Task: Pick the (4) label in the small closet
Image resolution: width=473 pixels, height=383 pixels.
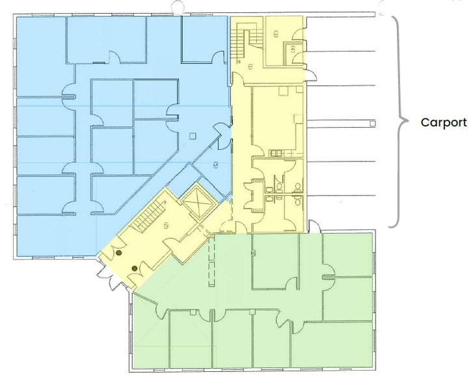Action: pyautogui.click(x=293, y=48)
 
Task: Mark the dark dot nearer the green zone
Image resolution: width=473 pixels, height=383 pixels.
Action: pyautogui.click(x=135, y=268)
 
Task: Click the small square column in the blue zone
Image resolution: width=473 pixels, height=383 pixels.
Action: pyautogui.click(x=191, y=136)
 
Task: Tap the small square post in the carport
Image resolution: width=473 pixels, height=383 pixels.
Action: pyautogui.click(x=372, y=122)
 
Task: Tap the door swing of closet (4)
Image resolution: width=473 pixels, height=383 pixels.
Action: pyautogui.click(x=297, y=57)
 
